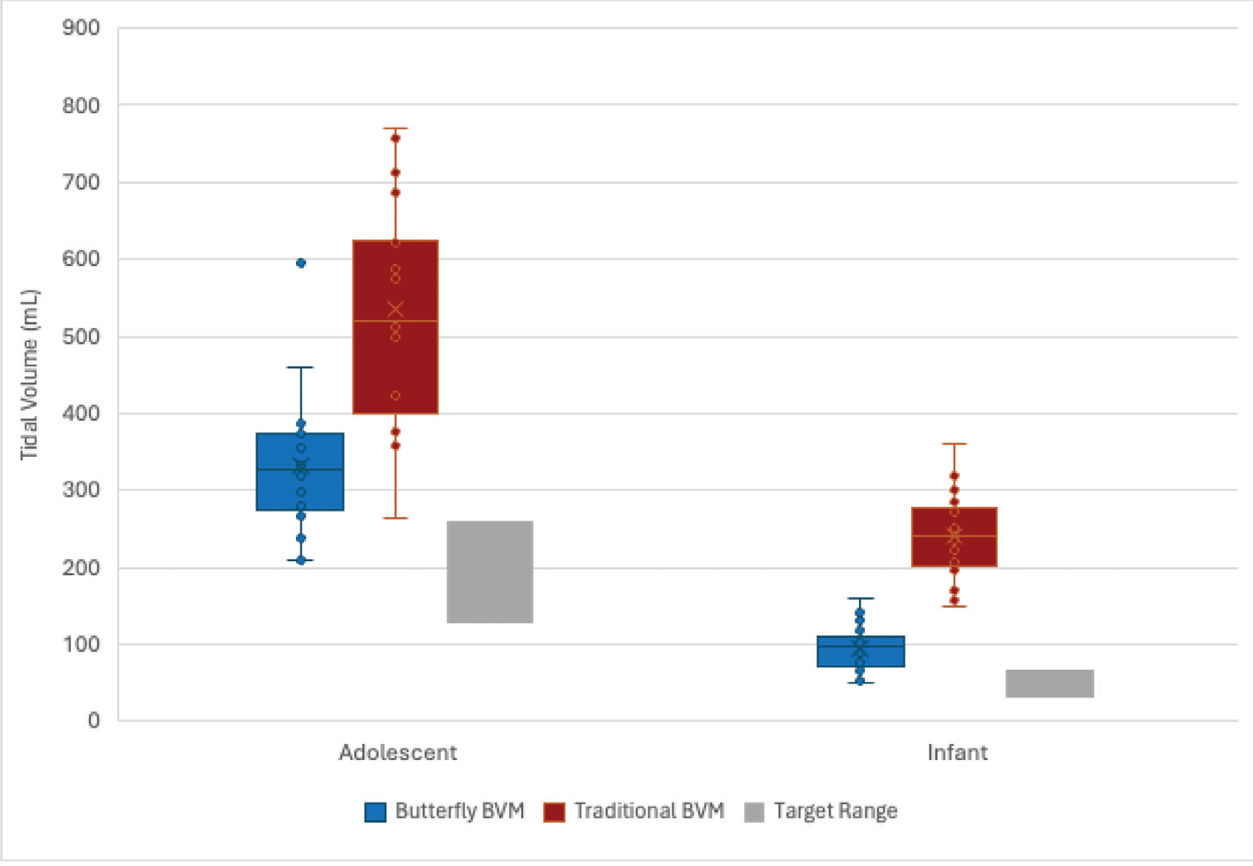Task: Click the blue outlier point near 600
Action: pyautogui.click(x=300, y=262)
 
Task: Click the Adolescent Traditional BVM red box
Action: pyautogui.click(x=371, y=371)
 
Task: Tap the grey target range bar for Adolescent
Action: pyautogui.click(x=490, y=572)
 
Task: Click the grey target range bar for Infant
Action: pyautogui.click(x=1049, y=683)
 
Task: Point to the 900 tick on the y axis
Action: pyautogui.click(x=81, y=28)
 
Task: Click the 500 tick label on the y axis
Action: pyautogui.click(x=81, y=337)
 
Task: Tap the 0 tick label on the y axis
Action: pyautogui.click(x=94, y=720)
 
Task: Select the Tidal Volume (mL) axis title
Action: pyautogui.click(x=29, y=374)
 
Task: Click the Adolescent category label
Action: pyautogui.click(x=398, y=753)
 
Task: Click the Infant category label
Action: pyautogui.click(x=957, y=753)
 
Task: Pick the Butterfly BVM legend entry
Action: pyautogui.click(x=445, y=811)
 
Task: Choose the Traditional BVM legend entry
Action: pyautogui.click(x=634, y=811)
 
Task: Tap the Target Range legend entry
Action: pyautogui.click(x=822, y=811)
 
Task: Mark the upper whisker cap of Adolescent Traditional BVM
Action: pyautogui.click(x=395, y=128)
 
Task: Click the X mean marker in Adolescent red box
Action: pyautogui.click(x=395, y=308)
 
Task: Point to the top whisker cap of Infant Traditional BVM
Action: pyautogui.click(x=954, y=444)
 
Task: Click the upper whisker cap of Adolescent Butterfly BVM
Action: pyautogui.click(x=300, y=367)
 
